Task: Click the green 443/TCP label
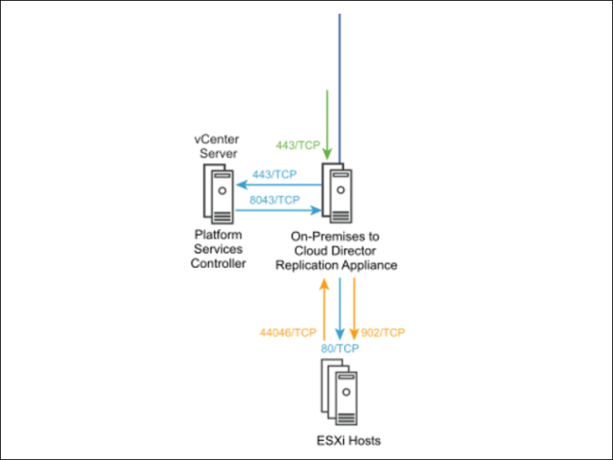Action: click(298, 145)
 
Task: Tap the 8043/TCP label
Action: click(275, 200)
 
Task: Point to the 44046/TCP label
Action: click(288, 332)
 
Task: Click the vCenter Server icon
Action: click(217, 194)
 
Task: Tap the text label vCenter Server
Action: click(216, 144)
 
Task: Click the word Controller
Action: click(217, 264)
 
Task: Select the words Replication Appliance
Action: click(336, 265)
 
